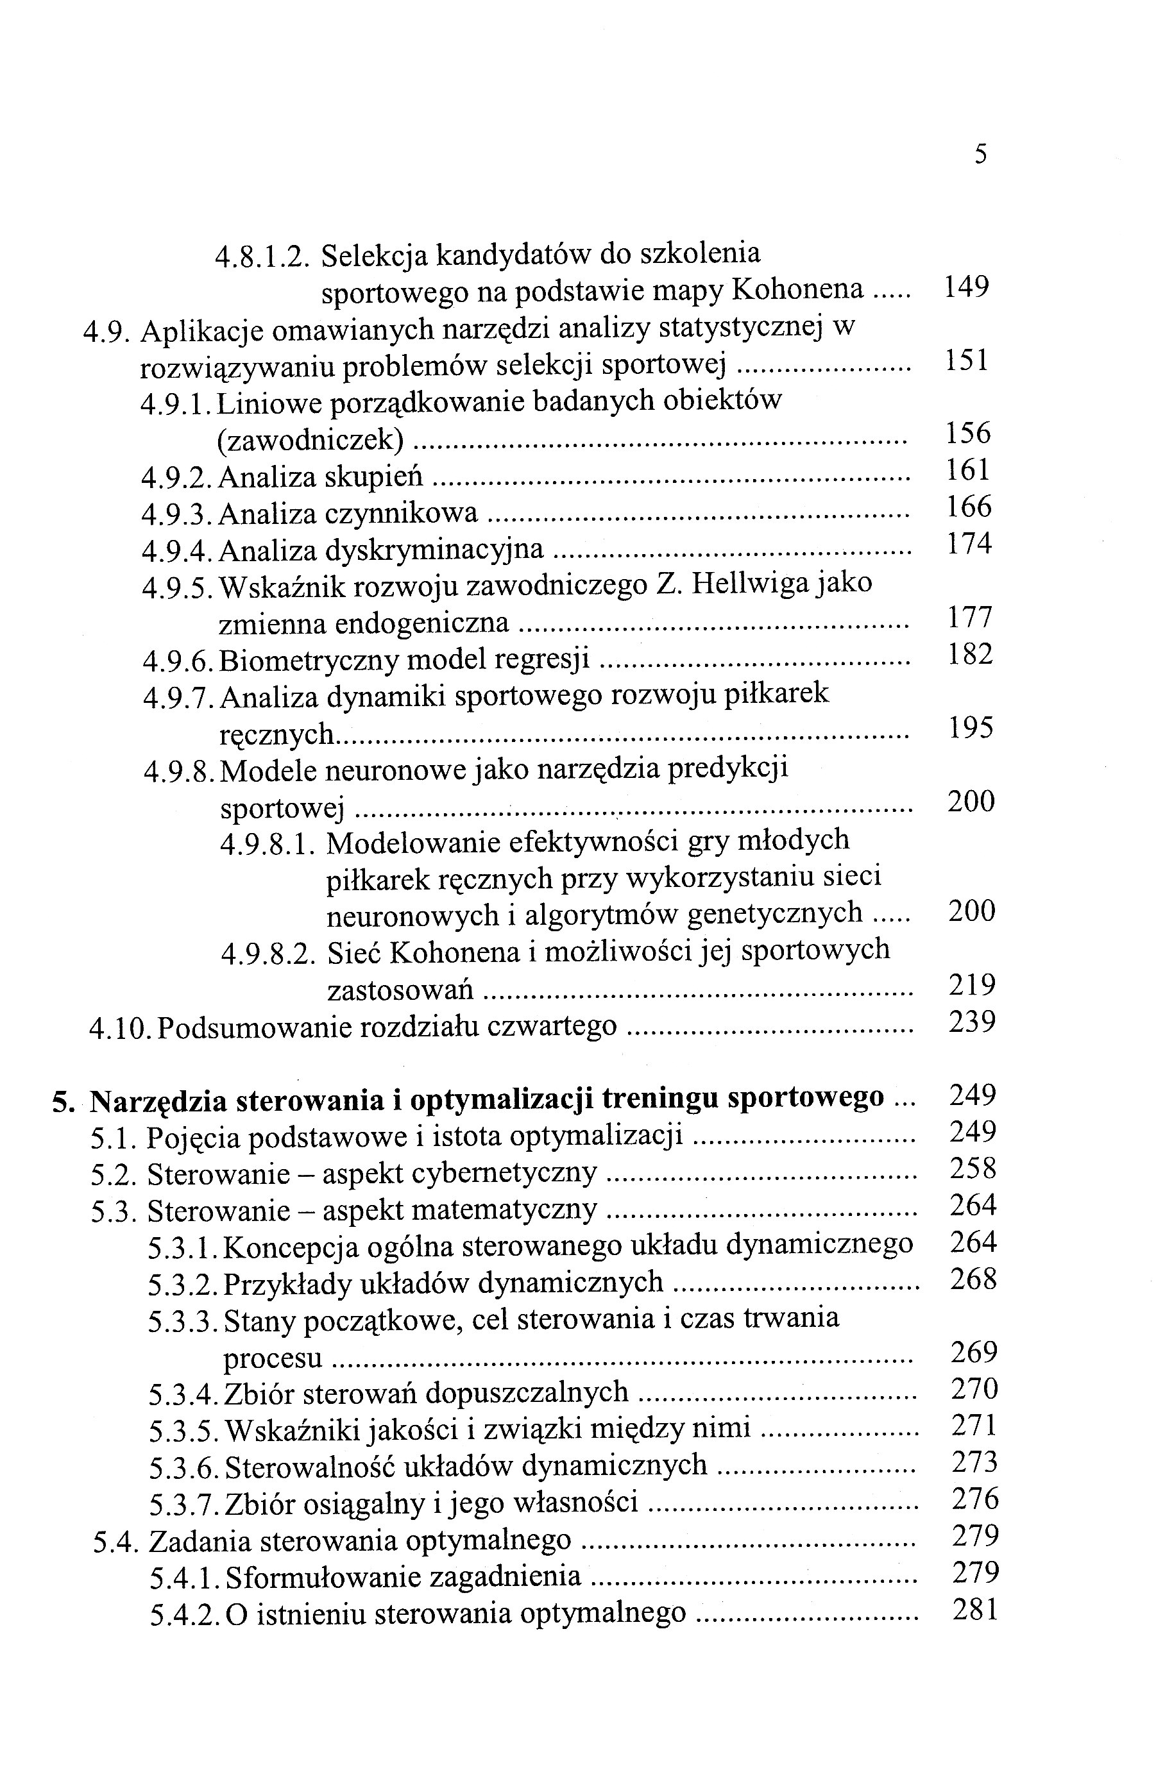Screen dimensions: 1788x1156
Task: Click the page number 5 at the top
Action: tap(980, 155)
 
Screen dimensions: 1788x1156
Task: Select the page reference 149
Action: tap(966, 287)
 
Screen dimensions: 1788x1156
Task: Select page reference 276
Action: tap(975, 1500)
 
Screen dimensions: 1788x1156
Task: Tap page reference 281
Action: tap(975, 1610)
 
